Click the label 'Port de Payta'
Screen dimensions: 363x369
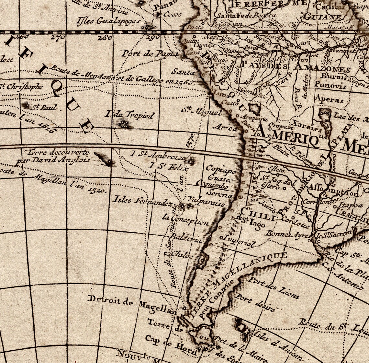coord(150,54)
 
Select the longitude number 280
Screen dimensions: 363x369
coord(106,38)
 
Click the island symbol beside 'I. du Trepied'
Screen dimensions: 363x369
coord(123,123)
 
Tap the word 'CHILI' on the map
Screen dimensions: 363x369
coord(258,214)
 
